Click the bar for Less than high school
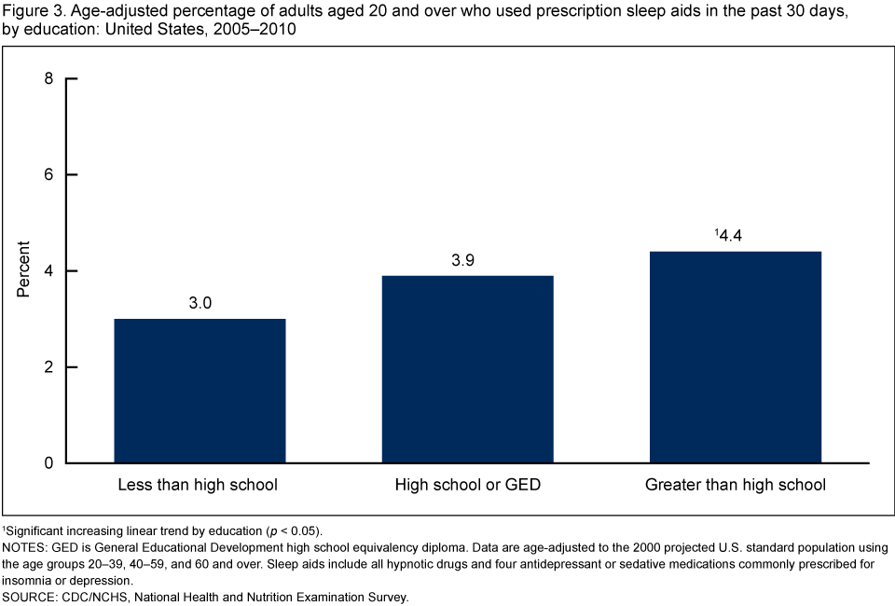pyautogui.click(x=200, y=391)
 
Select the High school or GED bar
pyautogui.click(x=468, y=369)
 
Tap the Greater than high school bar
pyautogui.click(x=736, y=357)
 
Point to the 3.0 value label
pyautogui.click(x=200, y=305)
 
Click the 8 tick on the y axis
pyautogui.click(x=48, y=78)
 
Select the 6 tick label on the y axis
pyautogui.click(x=48, y=174)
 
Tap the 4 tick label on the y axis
pyautogui.click(x=48, y=271)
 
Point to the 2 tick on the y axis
pyautogui.click(x=48, y=367)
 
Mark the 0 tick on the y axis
pyautogui.click(x=48, y=463)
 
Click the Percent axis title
pyautogui.click(x=23, y=270)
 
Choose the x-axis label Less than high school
pyautogui.click(x=198, y=485)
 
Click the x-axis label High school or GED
pyautogui.click(x=468, y=485)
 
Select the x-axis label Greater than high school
pyautogui.click(x=736, y=485)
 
